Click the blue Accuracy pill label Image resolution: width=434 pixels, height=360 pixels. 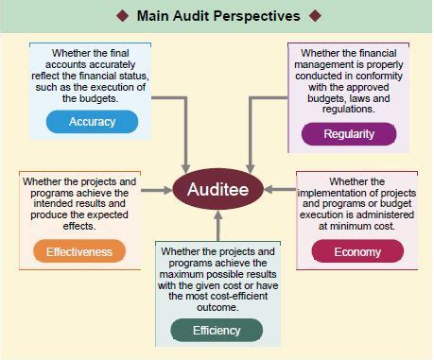click(x=92, y=122)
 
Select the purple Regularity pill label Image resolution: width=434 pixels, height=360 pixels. click(x=348, y=133)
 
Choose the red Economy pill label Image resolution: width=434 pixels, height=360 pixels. click(x=356, y=251)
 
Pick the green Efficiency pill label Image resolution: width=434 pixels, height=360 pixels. click(x=217, y=331)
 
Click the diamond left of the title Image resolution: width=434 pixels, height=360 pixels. click(x=122, y=16)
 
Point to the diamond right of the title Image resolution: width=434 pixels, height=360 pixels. click(x=315, y=16)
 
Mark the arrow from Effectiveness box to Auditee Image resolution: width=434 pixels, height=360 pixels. click(x=157, y=189)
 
